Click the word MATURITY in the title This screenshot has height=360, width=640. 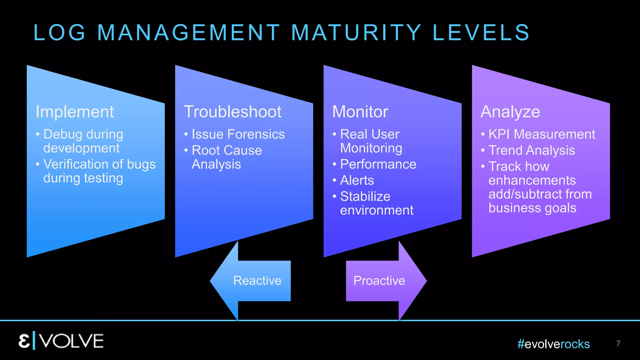click(356, 32)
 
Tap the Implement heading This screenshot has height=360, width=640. click(75, 112)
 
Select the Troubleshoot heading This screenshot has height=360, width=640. click(232, 112)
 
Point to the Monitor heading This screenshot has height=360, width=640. click(360, 112)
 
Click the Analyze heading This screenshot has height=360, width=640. click(510, 112)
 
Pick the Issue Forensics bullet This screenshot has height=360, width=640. click(238, 134)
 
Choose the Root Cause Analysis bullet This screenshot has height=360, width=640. click(227, 157)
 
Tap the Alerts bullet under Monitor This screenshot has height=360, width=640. click(357, 180)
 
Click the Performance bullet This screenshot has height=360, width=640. click(378, 164)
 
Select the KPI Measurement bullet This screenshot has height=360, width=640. click(542, 134)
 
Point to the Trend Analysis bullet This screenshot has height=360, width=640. click(532, 151)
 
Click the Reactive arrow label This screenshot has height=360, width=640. click(257, 281)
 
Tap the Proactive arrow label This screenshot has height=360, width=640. click(379, 281)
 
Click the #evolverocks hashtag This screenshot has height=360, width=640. click(553, 344)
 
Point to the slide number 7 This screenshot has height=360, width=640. click(618, 344)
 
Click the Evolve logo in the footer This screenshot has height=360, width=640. click(61, 341)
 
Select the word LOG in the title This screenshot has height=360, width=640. click(59, 32)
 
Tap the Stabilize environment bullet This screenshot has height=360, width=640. click(377, 203)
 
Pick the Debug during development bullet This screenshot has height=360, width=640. click(83, 141)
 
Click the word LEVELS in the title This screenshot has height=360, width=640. click(481, 32)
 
